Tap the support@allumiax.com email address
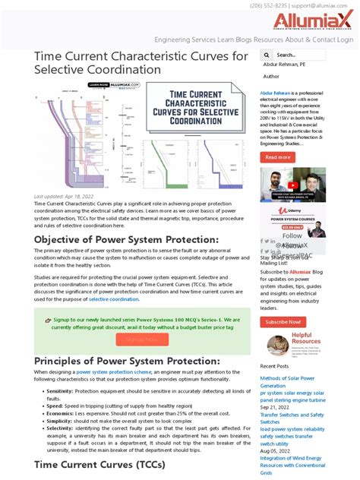tap(326, 5)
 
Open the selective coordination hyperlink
tap(114, 299)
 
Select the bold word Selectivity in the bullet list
tap(60, 428)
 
